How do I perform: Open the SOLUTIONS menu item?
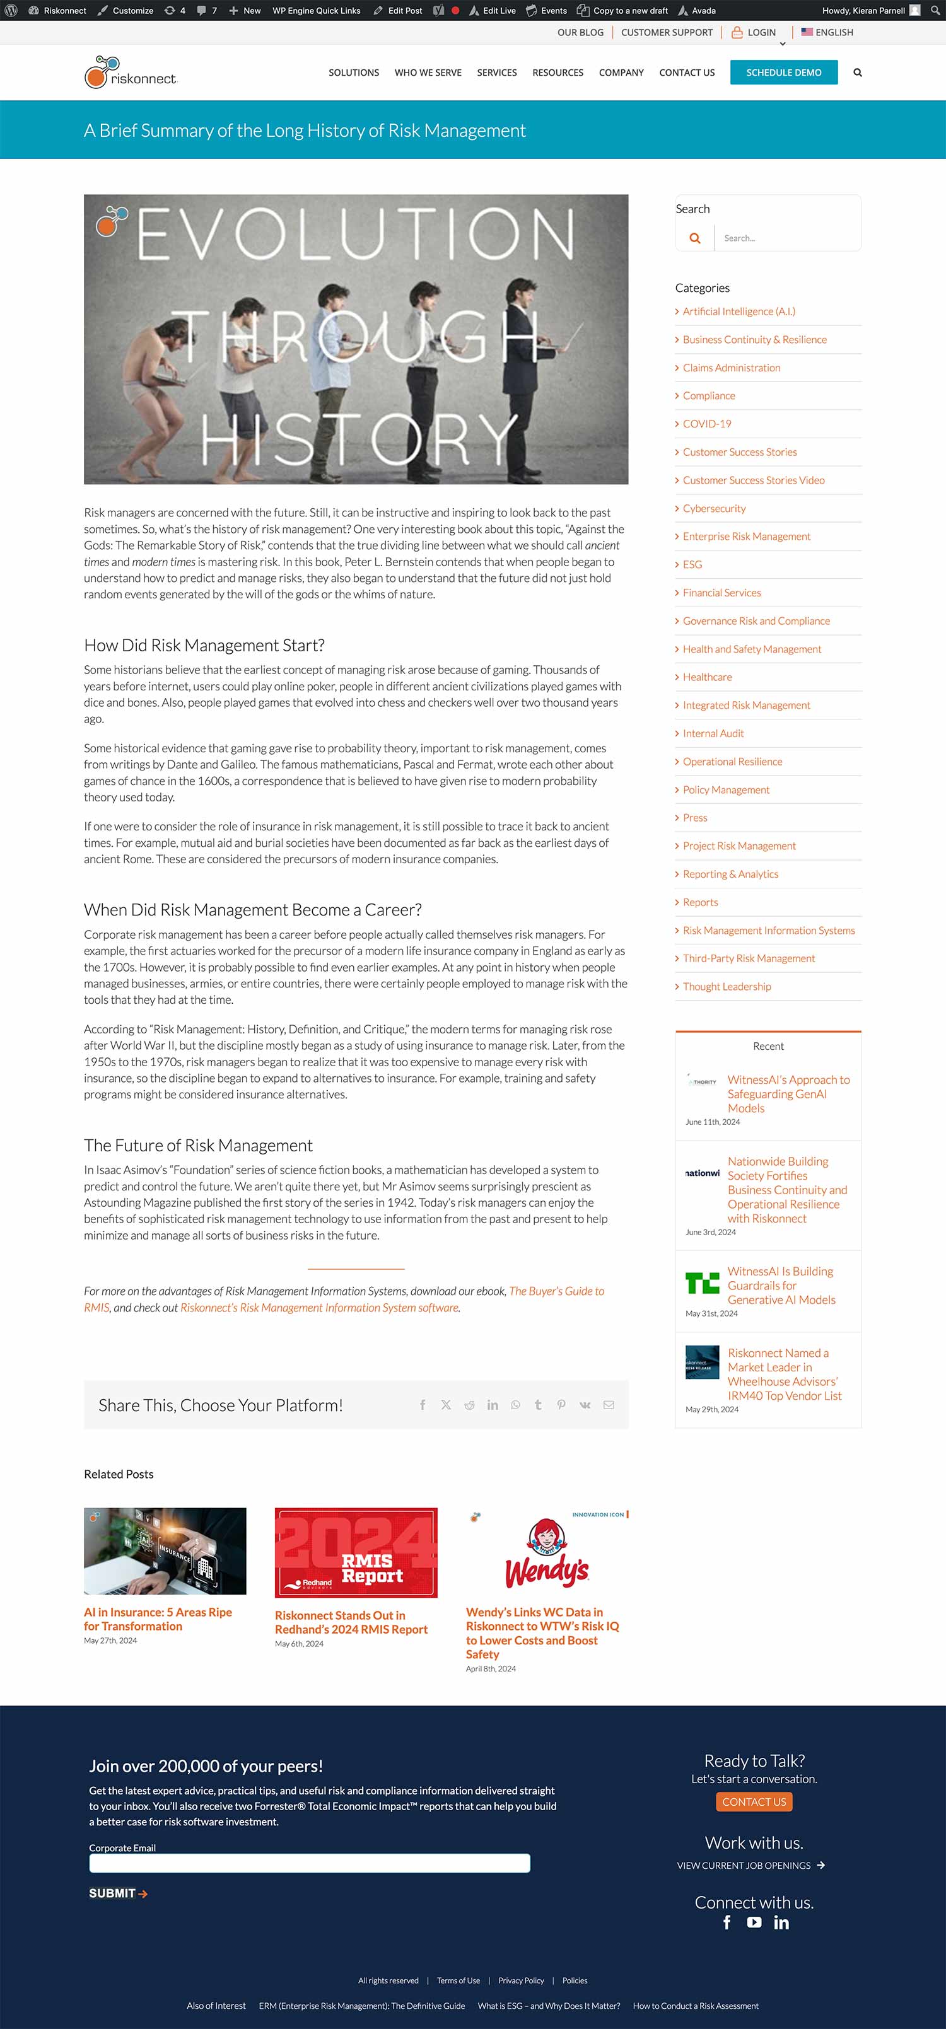coord(354,73)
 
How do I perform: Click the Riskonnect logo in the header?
coord(131,73)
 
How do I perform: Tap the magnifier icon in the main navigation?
coord(858,73)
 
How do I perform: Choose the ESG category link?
coord(692,565)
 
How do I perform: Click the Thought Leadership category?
coord(727,986)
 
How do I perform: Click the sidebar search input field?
coord(786,238)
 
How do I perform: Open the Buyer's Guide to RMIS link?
coord(556,1291)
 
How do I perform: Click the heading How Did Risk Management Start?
coord(204,645)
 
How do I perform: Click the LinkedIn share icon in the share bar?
coord(493,1405)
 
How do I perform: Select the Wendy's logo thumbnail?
coord(547,1552)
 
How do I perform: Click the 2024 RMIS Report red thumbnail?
coord(356,1552)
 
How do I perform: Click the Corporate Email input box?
coord(310,1863)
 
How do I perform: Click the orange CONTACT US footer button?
coord(754,1801)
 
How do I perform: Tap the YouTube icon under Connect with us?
coord(754,1922)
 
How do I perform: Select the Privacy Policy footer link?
coord(521,1980)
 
